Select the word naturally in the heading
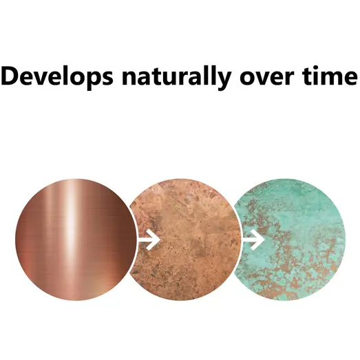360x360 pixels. tap(176, 77)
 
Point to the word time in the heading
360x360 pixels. tap(330, 76)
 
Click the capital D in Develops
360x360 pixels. tap(10, 76)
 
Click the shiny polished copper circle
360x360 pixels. tap(76, 240)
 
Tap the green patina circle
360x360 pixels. tap(290, 240)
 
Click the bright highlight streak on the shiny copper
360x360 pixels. tap(71, 230)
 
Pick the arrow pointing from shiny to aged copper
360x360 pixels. tap(149, 240)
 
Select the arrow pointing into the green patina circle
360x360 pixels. tap(254, 240)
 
